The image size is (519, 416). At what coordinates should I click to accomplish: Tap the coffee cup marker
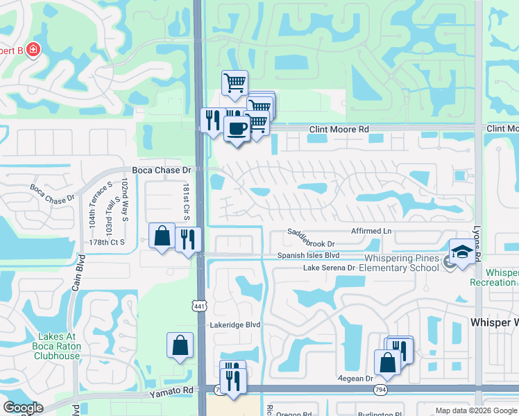237,129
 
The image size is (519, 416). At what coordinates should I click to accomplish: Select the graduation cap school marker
462,251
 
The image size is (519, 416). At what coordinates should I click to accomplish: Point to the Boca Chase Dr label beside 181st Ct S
161,170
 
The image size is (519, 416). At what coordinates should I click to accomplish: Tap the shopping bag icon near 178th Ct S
162,236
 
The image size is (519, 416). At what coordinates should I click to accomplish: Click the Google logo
23,407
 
